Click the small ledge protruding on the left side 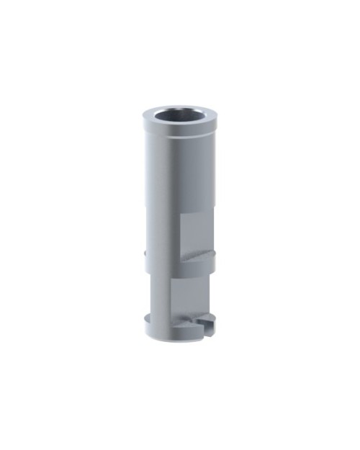[146, 253]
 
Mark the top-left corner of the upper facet [180, 214]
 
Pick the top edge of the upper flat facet [197, 214]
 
